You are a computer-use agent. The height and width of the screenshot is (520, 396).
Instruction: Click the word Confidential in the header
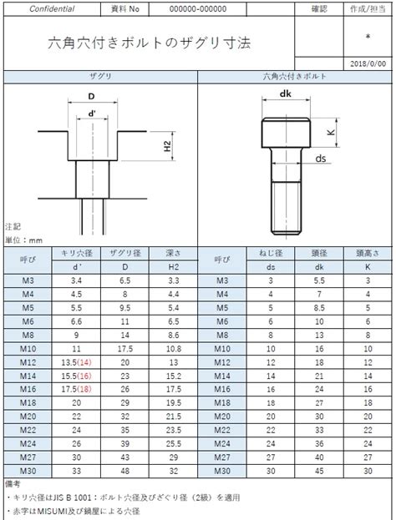coord(52,9)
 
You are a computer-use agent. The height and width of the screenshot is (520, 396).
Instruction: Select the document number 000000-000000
coord(198,9)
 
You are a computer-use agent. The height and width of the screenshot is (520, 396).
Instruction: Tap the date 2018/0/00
coord(368,63)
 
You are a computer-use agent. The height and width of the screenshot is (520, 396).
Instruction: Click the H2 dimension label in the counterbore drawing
coord(168,146)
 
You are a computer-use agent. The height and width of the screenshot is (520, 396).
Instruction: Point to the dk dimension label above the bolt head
coord(285,93)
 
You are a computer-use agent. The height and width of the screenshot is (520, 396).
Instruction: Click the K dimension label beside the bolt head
coord(331,132)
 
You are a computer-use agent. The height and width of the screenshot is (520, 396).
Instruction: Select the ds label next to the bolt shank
coord(320,159)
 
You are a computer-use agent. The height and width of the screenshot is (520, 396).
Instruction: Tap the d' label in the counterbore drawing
coord(92,114)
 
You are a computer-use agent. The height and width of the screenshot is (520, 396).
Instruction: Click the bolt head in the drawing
coord(286,133)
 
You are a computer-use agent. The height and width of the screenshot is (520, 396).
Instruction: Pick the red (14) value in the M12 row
coord(84,362)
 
